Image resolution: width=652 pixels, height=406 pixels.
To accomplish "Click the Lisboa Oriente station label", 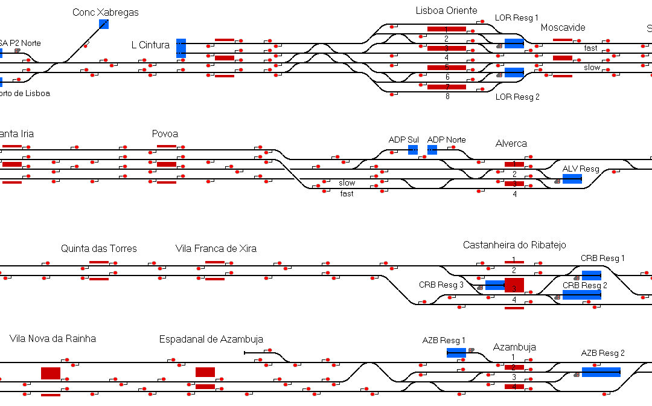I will (446, 10).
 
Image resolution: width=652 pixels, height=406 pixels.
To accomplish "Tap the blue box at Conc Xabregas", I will (104, 24).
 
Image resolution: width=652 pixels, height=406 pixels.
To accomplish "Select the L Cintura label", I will (150, 45).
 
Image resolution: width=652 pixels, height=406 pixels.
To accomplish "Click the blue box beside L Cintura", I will (181, 48).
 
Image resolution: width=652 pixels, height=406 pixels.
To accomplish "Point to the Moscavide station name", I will (563, 27).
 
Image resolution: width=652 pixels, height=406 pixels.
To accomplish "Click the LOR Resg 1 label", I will (516, 18).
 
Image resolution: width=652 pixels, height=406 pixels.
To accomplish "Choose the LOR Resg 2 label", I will (516, 97).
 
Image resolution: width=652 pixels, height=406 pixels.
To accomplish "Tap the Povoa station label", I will (165, 134).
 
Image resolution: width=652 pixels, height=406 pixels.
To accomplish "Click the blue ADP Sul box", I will (413, 149).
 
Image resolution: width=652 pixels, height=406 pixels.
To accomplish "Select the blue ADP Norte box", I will (432, 149).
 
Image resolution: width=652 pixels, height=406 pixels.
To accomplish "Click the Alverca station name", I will (511, 144).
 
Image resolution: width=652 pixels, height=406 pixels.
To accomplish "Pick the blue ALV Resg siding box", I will (572, 179).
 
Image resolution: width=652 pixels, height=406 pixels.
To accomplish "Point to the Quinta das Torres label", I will (99, 248).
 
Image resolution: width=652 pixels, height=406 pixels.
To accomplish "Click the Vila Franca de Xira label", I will (216, 248).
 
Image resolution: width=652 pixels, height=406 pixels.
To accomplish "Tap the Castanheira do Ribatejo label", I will (514, 245).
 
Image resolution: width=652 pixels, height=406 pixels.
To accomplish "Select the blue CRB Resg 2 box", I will (581, 295).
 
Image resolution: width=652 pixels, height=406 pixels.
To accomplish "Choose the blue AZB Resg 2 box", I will (601, 372).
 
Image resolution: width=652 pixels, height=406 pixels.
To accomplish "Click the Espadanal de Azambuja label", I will (211, 339).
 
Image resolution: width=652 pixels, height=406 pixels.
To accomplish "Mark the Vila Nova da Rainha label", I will (53, 338).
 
